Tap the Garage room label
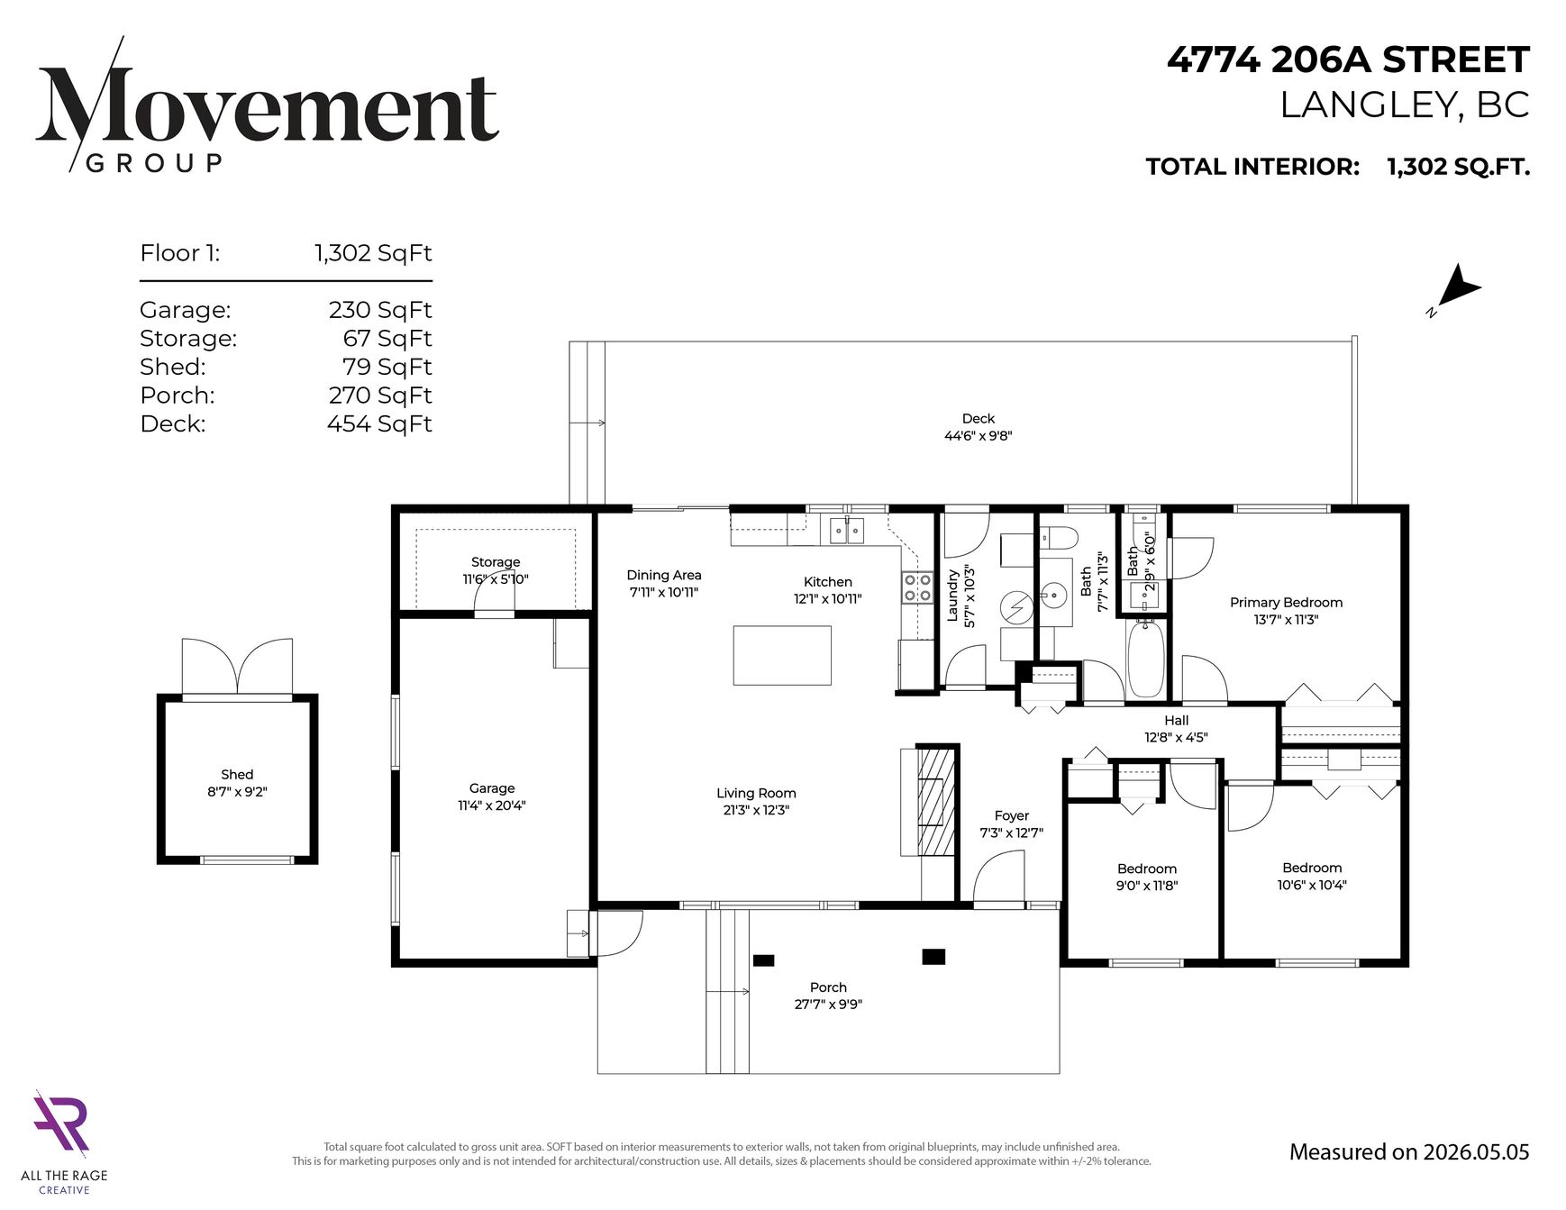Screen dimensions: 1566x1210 [492, 788]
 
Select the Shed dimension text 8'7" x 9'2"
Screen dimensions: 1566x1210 [237, 792]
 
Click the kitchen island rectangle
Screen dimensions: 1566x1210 [782, 655]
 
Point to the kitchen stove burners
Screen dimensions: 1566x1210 [917, 587]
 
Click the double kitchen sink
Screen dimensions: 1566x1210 [847, 531]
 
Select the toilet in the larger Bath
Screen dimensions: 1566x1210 [1059, 538]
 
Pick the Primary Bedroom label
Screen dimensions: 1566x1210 [1286, 602]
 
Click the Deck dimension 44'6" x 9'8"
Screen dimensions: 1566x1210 [978, 436]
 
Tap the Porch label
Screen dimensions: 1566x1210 [828, 987]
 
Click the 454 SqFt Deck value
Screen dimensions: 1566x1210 [379, 423]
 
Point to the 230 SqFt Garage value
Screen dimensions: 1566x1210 [380, 310]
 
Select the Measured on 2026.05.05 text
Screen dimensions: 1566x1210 [1409, 1151]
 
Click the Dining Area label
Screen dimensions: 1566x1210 [664, 575]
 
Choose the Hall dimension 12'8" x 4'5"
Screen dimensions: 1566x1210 [1176, 737]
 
